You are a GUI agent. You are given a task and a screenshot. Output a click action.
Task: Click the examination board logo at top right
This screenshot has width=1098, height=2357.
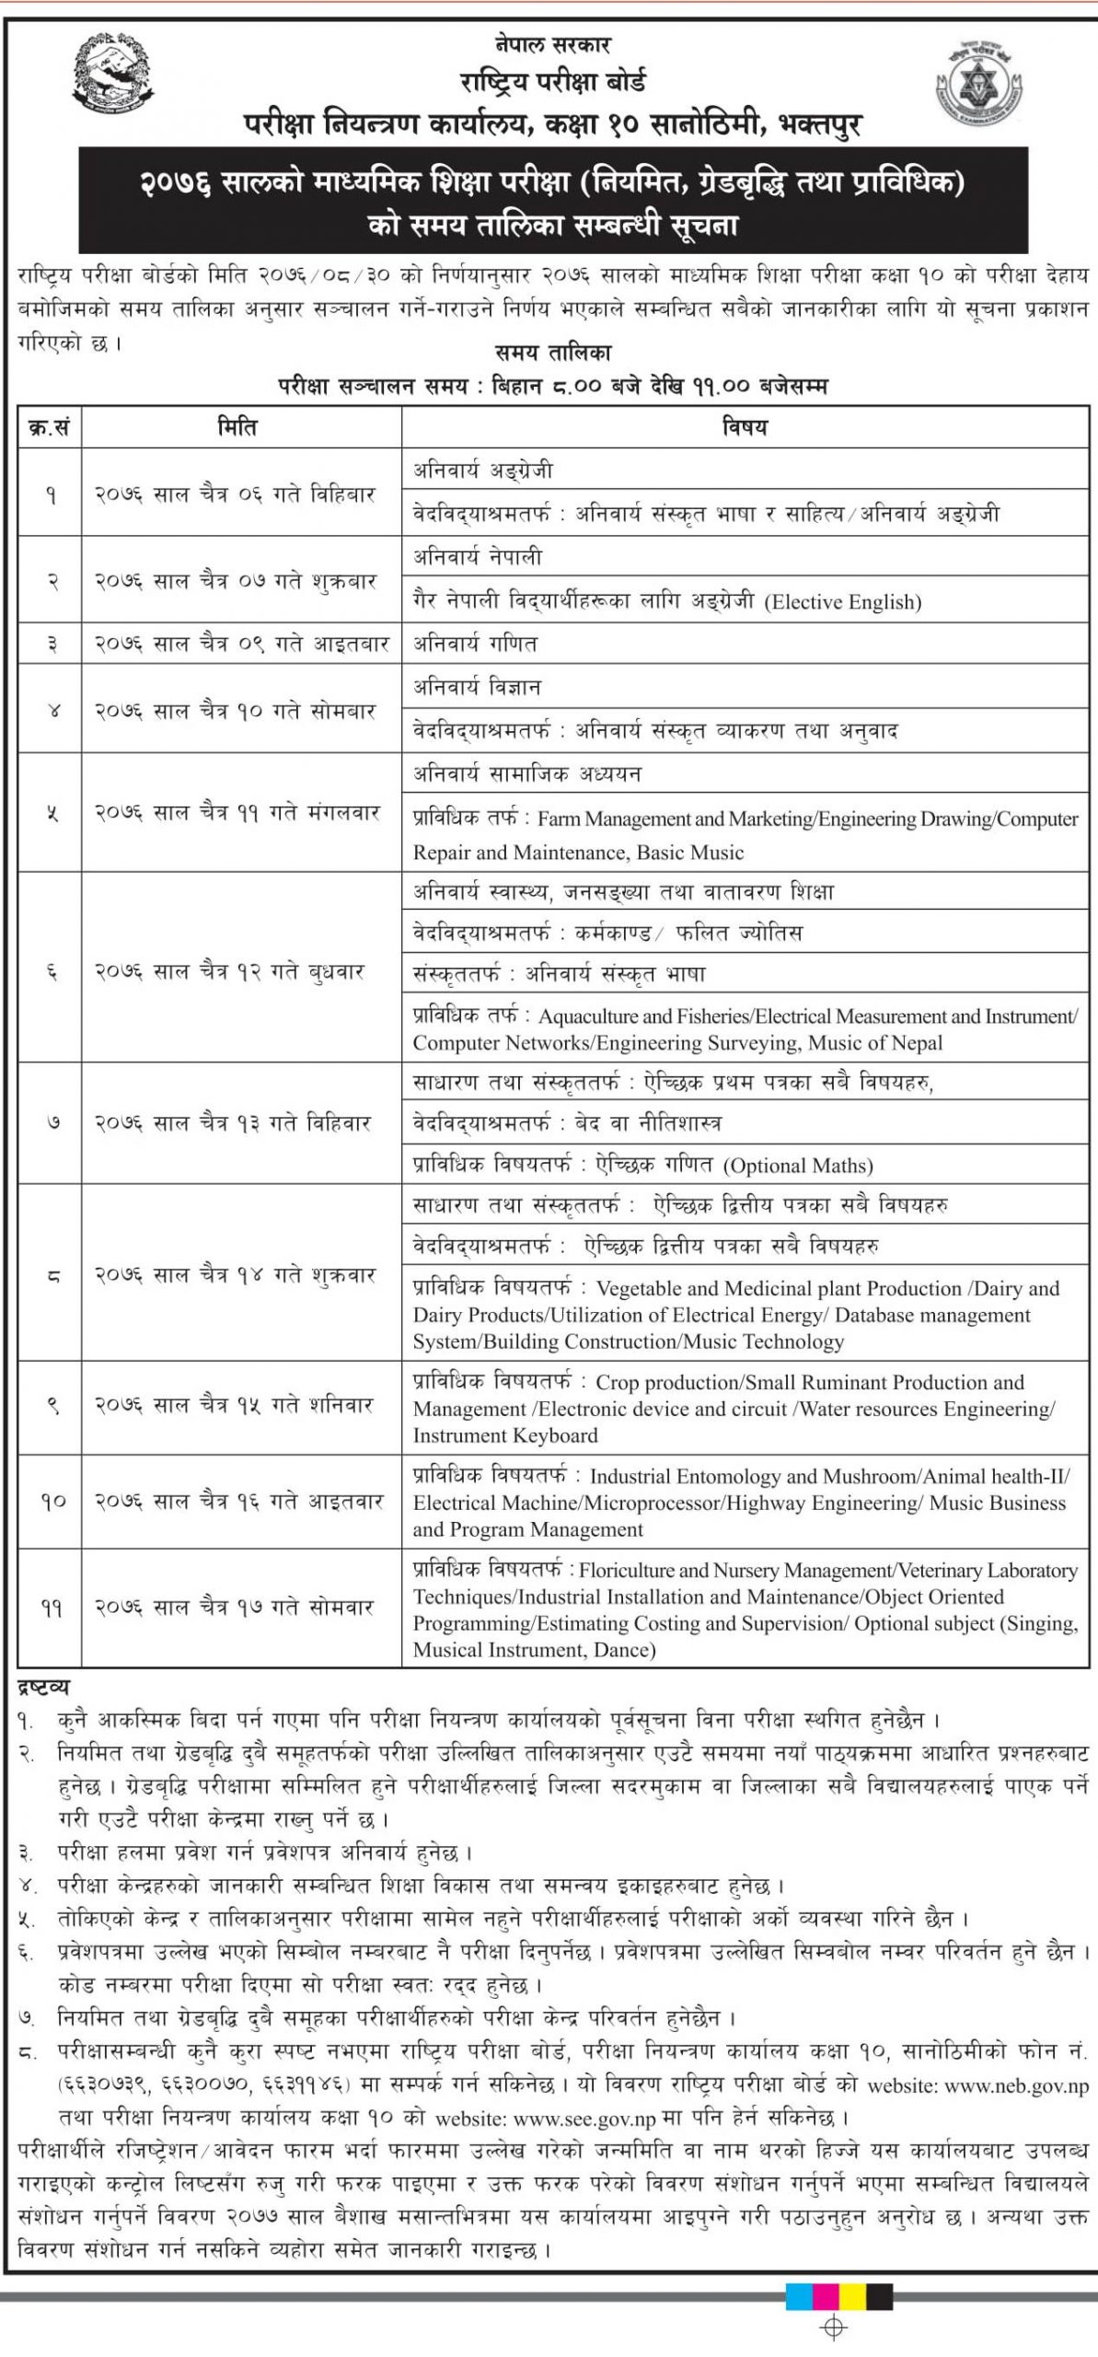click(977, 85)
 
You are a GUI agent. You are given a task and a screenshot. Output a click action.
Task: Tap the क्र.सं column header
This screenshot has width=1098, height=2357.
click(50, 427)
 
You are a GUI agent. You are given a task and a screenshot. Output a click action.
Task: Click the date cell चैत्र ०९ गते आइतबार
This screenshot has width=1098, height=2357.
click(241, 644)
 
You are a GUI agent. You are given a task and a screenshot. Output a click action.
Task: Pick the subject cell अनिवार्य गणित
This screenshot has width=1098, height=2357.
click(475, 644)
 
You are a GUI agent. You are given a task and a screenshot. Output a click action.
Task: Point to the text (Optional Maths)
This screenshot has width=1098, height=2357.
click(797, 1166)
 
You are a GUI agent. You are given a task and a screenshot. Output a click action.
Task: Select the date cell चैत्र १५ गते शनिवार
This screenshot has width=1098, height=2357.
click(236, 1406)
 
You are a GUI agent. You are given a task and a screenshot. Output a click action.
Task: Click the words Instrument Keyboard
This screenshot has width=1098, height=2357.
click(505, 1435)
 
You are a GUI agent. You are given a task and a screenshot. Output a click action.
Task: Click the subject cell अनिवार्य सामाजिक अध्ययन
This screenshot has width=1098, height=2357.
click(526, 774)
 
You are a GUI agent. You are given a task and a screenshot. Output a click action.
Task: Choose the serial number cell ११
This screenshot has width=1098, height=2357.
click(50, 1608)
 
